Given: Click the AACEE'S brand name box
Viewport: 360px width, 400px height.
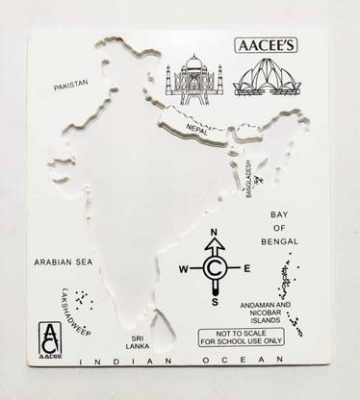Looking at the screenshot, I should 267,43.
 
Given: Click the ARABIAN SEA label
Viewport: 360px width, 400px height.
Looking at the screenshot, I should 64,261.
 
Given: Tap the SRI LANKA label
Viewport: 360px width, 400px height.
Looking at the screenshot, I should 144,344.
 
